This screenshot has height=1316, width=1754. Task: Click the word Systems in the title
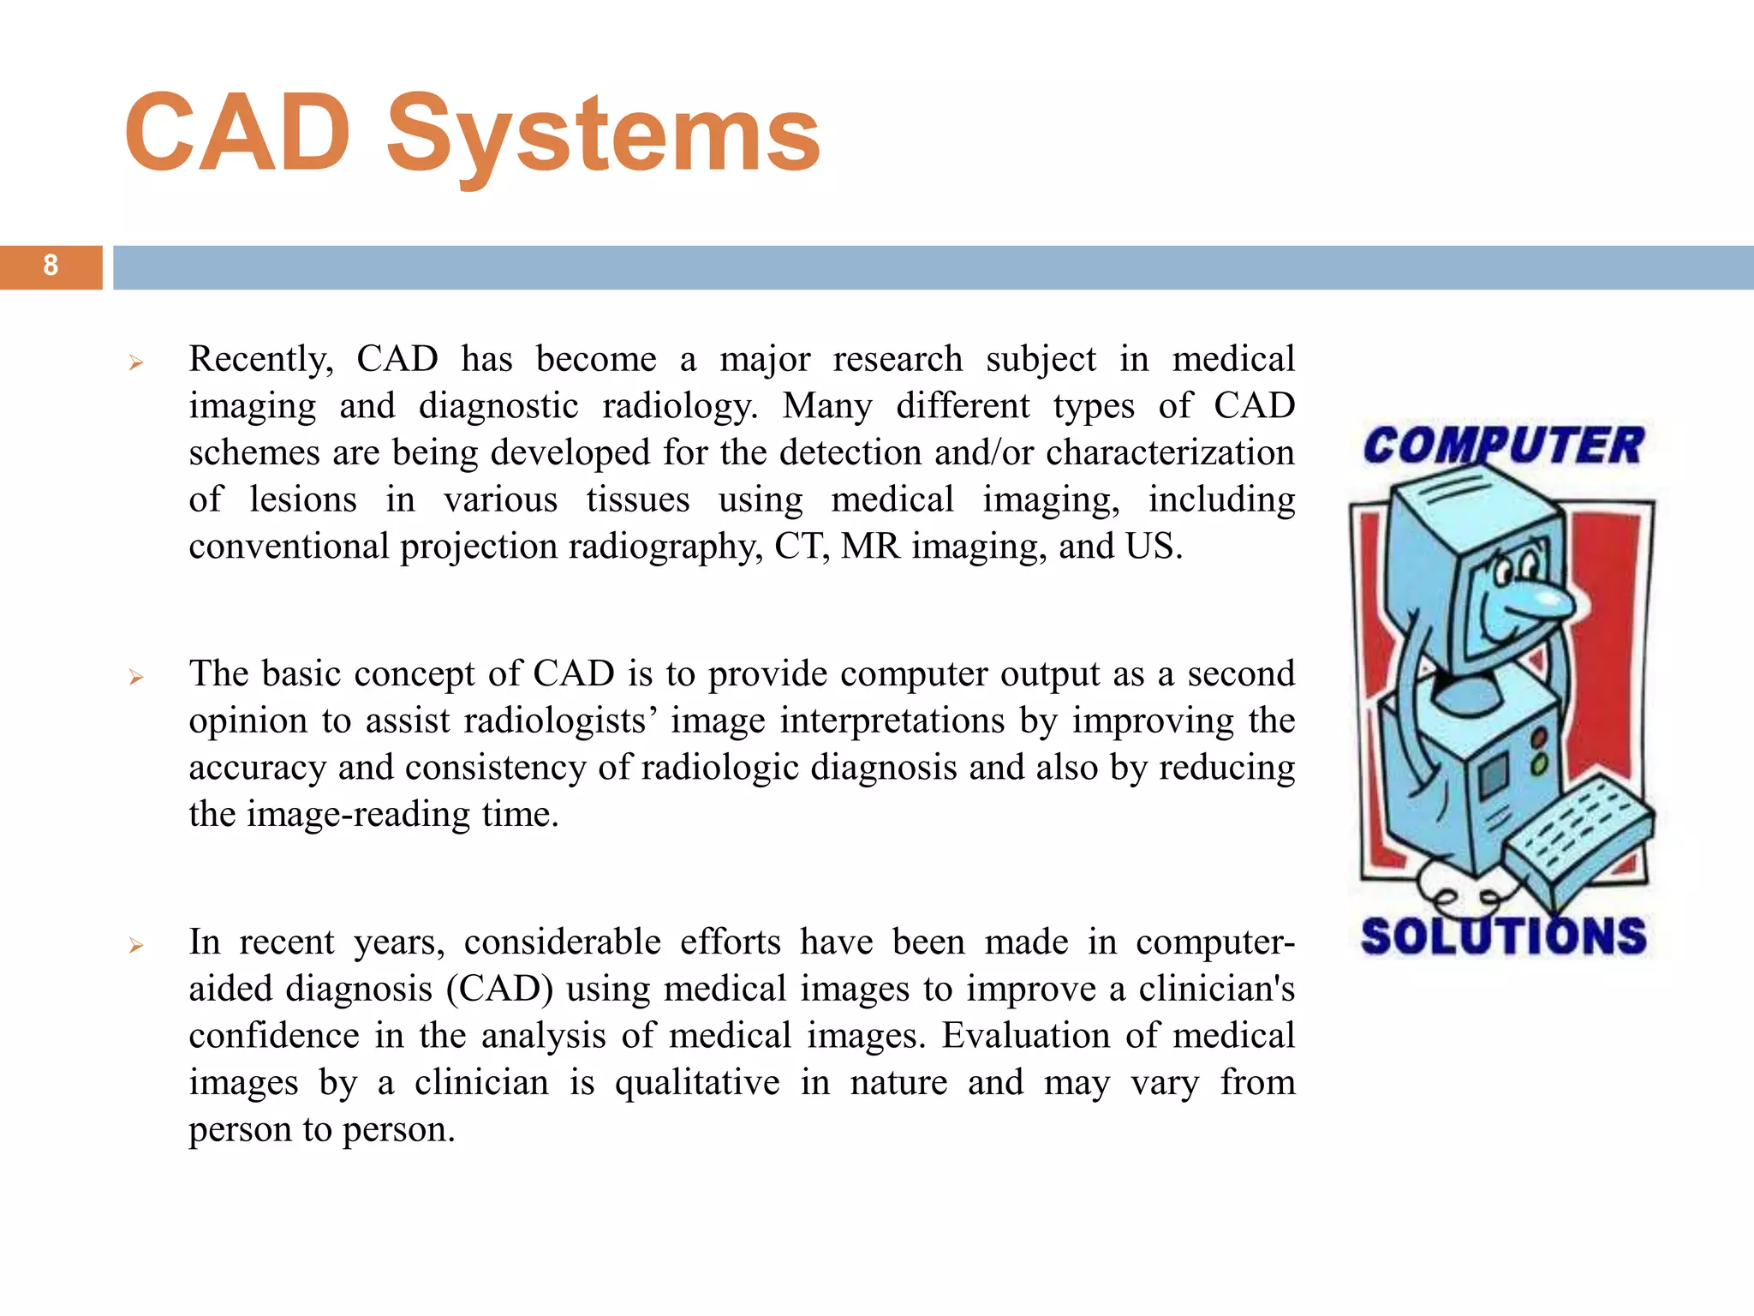tap(603, 135)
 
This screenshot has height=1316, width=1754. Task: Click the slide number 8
tap(51, 266)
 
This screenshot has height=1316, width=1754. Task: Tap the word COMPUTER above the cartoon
tap(1502, 446)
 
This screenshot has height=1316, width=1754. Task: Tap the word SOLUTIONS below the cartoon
tap(1503, 936)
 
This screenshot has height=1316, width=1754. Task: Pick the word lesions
tap(302, 499)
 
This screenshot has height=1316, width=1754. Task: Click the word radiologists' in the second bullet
tap(510, 721)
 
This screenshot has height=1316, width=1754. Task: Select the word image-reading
tap(358, 814)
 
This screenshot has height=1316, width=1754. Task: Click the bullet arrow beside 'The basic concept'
tap(135, 678)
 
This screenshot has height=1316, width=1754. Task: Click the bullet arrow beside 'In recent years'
tap(135, 946)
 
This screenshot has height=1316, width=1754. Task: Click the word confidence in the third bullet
tap(274, 1036)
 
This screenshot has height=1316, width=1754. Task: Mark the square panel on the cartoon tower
tap(1493, 775)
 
